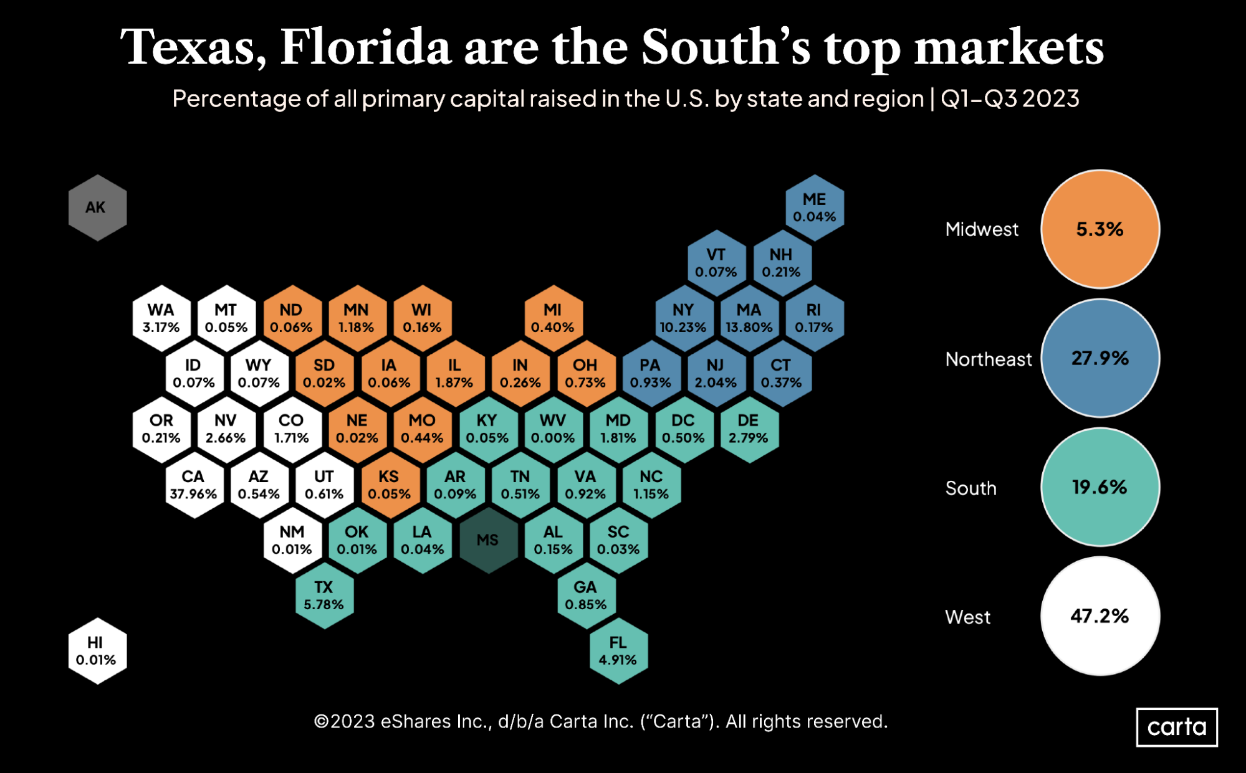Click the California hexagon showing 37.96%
pyautogui.click(x=193, y=485)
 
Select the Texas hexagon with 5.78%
pyautogui.click(x=324, y=595)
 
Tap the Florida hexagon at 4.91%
pyautogui.click(x=618, y=651)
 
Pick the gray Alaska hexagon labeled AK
pyautogui.click(x=97, y=207)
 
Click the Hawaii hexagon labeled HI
pyautogui.click(x=97, y=651)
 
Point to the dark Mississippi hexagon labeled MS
pyautogui.click(x=488, y=540)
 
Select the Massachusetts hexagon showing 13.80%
pyautogui.click(x=749, y=318)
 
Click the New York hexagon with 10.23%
pyautogui.click(x=683, y=318)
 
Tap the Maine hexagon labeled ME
pyautogui.click(x=814, y=207)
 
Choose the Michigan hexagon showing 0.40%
pyautogui.click(x=553, y=318)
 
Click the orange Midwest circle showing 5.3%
pyautogui.click(x=1100, y=229)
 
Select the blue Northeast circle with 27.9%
pyautogui.click(x=1100, y=358)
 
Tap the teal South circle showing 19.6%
pyautogui.click(x=1100, y=487)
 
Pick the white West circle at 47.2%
pyautogui.click(x=1100, y=616)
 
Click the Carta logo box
pyautogui.click(x=1176, y=727)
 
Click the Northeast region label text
pyautogui.click(x=988, y=359)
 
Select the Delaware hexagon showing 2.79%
pyautogui.click(x=749, y=429)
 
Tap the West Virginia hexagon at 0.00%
pyautogui.click(x=553, y=429)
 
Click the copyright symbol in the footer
pyautogui.click(x=321, y=722)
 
